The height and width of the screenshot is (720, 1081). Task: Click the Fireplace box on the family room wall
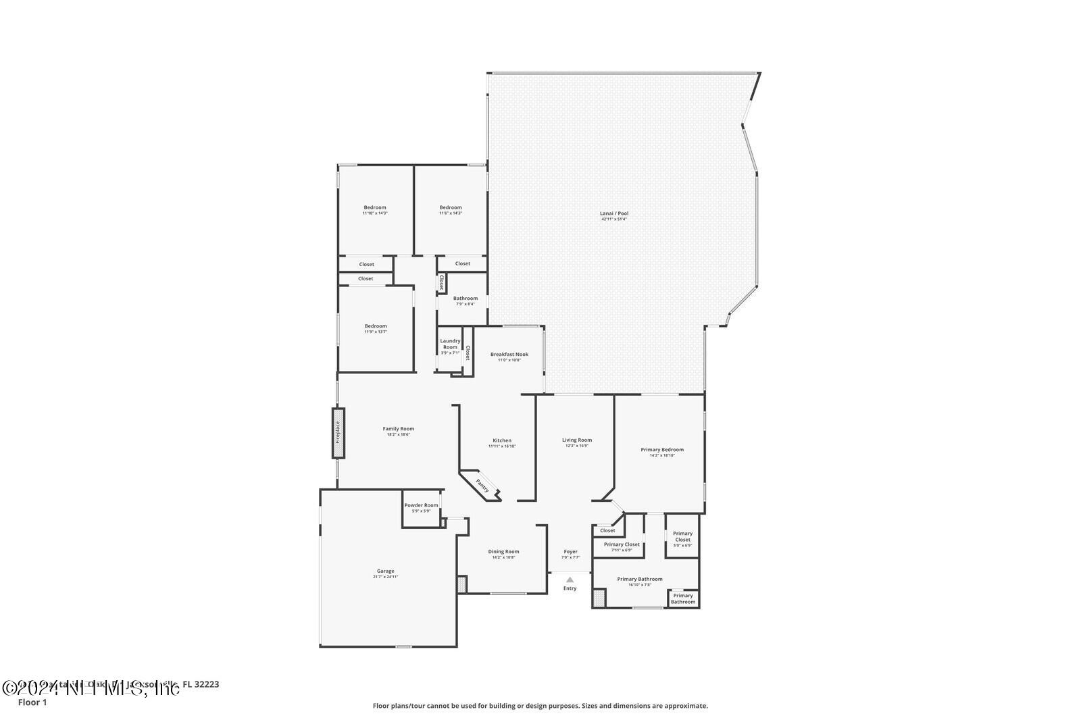pos(338,433)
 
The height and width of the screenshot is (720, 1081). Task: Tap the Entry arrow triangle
pos(570,579)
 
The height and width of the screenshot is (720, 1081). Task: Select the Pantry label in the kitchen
pos(482,485)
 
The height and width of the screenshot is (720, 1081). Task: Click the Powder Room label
pos(421,505)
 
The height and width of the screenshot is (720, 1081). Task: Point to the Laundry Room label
pos(450,344)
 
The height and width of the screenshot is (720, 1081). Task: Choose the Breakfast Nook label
pos(509,354)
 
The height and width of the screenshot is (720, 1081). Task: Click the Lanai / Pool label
pos(614,213)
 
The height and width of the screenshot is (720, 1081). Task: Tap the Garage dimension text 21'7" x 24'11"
pos(385,577)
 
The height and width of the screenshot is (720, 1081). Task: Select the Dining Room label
pos(503,551)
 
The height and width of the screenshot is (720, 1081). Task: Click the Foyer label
pos(571,551)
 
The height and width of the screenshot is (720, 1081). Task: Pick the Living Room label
pos(577,440)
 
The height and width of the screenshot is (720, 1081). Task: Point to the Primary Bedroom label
pos(662,449)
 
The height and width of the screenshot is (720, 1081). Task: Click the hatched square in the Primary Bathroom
pos(599,598)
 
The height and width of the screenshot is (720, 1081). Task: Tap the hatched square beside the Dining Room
pos(461,584)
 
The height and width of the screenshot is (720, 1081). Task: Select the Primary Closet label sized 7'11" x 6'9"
pos(622,544)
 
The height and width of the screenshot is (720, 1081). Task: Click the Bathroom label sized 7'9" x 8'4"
pos(465,298)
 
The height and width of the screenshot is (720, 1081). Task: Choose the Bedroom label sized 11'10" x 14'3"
pos(375,207)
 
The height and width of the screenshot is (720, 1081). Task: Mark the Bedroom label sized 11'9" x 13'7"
pos(376,326)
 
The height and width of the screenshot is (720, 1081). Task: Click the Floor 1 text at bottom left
pos(32,702)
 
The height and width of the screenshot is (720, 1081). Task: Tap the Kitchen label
pos(502,440)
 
